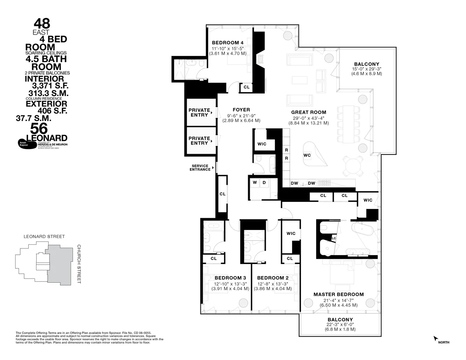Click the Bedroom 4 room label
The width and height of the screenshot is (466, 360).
click(228, 43)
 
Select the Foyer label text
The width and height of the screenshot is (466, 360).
click(241, 110)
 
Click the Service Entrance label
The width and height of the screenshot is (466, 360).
click(200, 168)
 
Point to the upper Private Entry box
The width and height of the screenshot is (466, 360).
click(199, 113)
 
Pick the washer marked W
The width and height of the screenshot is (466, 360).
click(255, 183)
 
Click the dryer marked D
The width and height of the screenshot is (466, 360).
click(264, 183)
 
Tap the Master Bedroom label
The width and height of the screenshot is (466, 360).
click(339, 294)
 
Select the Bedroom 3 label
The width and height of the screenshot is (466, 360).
click(230, 278)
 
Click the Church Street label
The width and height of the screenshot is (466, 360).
click(78, 264)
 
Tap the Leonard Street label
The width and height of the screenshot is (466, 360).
click(44, 237)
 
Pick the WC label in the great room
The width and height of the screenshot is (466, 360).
click(307, 155)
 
